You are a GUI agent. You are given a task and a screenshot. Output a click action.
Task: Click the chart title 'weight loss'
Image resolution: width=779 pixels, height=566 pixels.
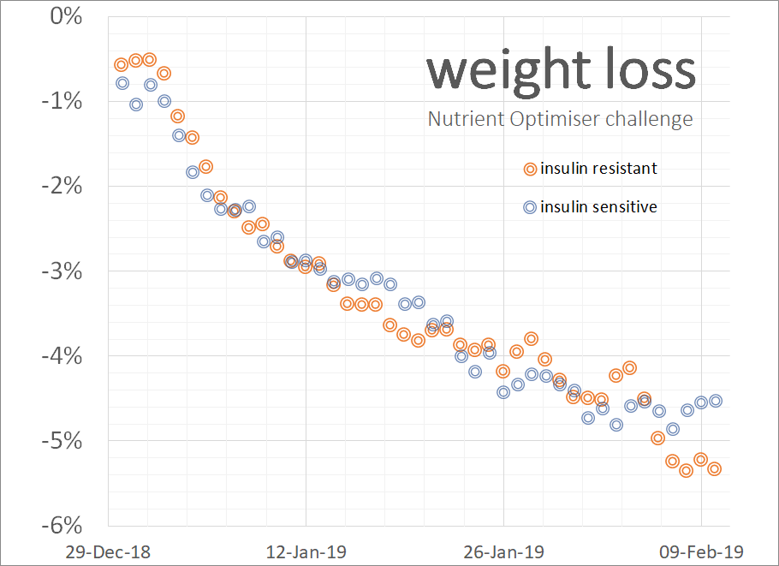561,70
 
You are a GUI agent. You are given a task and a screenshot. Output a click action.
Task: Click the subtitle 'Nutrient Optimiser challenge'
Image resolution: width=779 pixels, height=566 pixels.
561,119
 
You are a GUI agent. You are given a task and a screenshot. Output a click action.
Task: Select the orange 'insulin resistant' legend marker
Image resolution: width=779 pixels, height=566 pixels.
530,169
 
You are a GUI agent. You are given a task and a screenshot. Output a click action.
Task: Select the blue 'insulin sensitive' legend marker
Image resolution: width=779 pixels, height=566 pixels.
530,207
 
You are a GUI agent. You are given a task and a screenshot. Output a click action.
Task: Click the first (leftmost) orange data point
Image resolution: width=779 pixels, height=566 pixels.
121,64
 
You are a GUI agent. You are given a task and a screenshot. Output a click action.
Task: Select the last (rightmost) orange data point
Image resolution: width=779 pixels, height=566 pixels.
715,468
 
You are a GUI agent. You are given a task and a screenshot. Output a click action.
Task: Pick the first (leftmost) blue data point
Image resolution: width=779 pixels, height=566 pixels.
122,83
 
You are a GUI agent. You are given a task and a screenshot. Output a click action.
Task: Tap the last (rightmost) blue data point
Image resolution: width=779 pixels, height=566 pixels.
716,401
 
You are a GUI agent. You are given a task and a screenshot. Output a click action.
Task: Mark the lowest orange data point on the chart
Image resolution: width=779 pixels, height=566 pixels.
686,470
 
